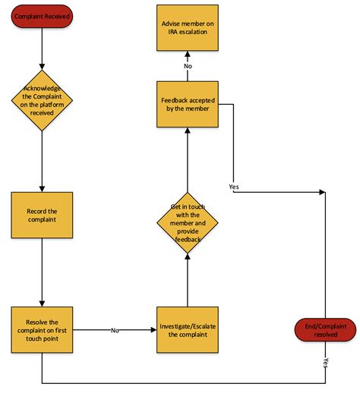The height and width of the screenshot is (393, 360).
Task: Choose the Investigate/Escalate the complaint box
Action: [187, 329]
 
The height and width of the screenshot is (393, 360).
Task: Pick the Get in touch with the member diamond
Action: [187, 223]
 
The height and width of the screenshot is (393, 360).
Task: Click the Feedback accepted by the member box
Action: [187, 105]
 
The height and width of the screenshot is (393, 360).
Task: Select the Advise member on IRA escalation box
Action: [187, 28]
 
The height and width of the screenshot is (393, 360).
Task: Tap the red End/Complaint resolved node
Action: [324, 329]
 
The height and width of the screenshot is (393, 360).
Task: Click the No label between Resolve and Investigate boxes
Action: [115, 330]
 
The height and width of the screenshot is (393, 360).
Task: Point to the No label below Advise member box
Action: [187, 66]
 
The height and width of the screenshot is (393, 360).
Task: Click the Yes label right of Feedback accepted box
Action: [235, 185]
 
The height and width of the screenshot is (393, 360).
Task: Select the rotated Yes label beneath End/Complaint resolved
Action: [325, 363]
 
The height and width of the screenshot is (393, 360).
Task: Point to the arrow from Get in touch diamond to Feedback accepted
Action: [187, 162]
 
